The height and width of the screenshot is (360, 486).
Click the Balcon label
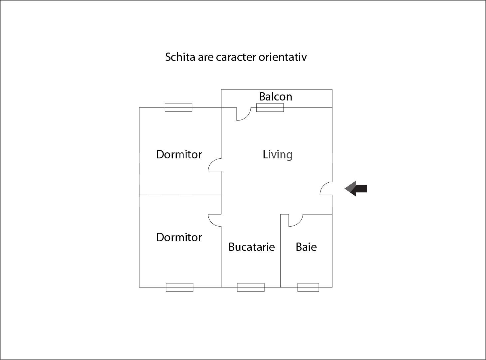pyautogui.click(x=275, y=96)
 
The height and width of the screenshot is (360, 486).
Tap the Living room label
pyautogui.click(x=277, y=155)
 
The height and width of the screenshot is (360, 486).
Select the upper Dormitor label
pyautogui.click(x=179, y=154)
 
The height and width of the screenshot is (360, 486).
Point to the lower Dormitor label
pyautogui.click(x=179, y=237)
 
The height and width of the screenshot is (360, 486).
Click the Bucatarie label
pyautogui.click(x=252, y=247)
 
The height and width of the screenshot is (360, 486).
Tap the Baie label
pyautogui.click(x=306, y=247)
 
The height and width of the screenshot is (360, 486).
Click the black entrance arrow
pyautogui.click(x=356, y=188)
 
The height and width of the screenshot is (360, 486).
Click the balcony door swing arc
pyautogui.click(x=247, y=116)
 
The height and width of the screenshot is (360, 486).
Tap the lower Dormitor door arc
pyautogui.click(x=211, y=222)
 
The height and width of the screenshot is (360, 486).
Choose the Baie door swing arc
pyautogui.click(x=299, y=223)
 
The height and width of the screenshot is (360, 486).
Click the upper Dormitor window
pyautogui.click(x=178, y=107)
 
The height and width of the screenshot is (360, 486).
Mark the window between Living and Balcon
pyautogui.click(x=270, y=107)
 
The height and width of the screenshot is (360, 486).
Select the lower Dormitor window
pyautogui.click(x=179, y=287)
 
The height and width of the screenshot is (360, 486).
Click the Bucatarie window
pyautogui.click(x=251, y=287)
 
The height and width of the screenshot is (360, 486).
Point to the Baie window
pyautogui.click(x=308, y=287)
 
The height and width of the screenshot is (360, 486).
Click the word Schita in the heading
pyautogui.click(x=180, y=57)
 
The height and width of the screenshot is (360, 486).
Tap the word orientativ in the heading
pyautogui.click(x=283, y=57)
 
